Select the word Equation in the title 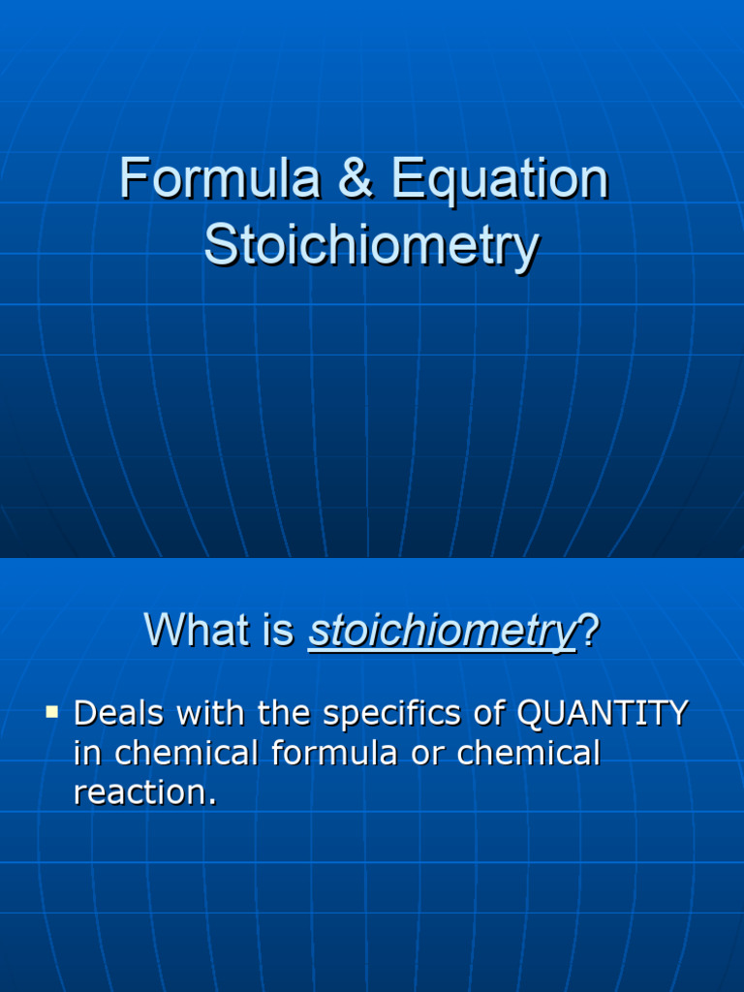[x=500, y=182]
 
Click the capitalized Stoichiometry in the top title [x=371, y=246]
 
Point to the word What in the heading [x=191, y=632]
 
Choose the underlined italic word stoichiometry [x=442, y=634]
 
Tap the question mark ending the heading [x=588, y=632]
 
